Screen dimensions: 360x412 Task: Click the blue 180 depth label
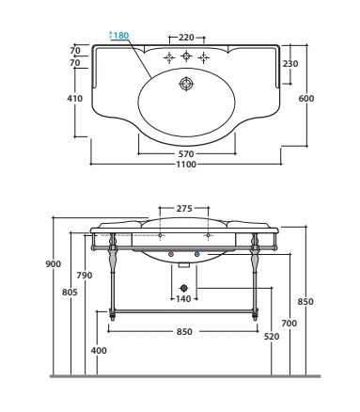pos(118,35)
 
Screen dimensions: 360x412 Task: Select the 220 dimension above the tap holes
pos(186,38)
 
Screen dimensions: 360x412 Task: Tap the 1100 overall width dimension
pos(186,165)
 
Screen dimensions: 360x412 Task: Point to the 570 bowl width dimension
pos(186,154)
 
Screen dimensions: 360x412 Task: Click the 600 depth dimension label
pos(305,99)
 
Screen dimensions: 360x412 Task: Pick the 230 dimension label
pos(290,64)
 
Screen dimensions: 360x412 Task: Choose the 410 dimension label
pos(75,99)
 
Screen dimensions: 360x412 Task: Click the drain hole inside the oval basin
pos(186,84)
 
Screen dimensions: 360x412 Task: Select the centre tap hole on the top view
pos(186,56)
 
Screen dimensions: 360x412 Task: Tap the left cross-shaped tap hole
pos(169,57)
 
